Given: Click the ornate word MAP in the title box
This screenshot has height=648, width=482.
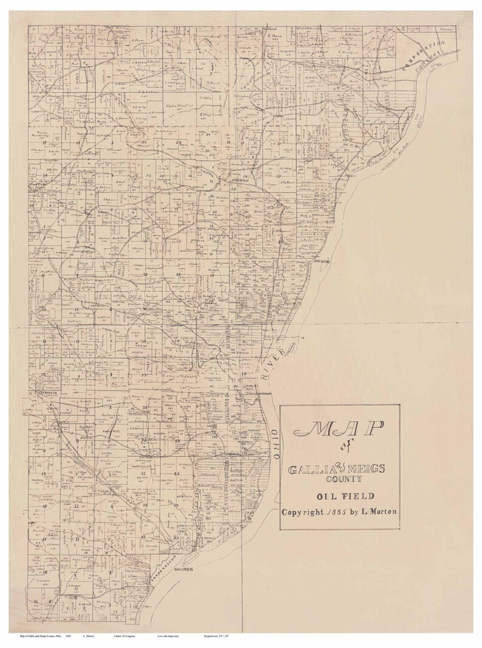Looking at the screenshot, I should [x=339, y=430].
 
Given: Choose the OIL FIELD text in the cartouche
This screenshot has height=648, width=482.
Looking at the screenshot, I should [x=339, y=496].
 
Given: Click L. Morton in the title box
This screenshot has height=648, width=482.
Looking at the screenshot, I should [x=378, y=511].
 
